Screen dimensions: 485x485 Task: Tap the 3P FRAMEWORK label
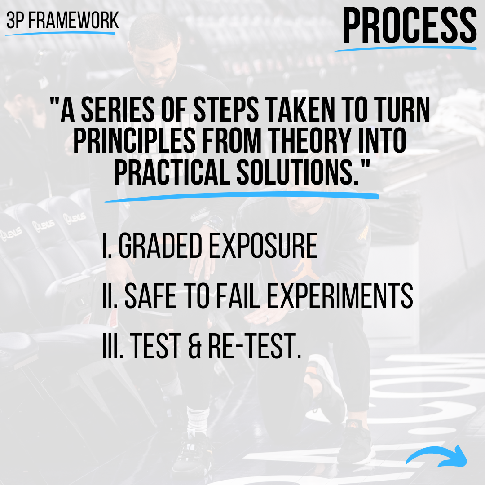62,20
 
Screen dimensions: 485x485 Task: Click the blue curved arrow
437,457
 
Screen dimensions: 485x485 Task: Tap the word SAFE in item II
148,296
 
